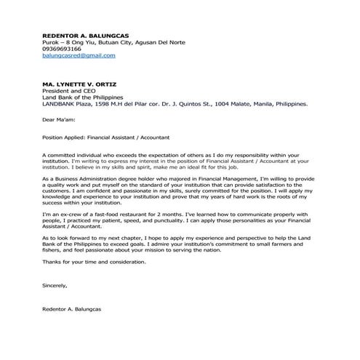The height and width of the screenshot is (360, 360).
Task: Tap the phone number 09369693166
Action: pos(62,49)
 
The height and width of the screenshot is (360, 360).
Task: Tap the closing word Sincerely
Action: pos(55,286)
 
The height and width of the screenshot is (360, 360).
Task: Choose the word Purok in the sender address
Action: pos(51,42)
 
